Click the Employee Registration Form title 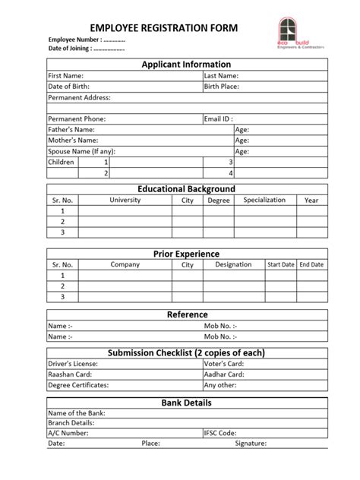(164, 28)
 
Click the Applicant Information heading (186, 65)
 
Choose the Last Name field (221, 77)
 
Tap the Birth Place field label (222, 87)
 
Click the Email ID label (218, 119)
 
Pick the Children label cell (62, 163)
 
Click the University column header (125, 201)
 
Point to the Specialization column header (264, 201)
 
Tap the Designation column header (233, 265)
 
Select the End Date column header (311, 265)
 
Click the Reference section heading (186, 314)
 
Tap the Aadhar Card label (224, 374)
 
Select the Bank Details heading (186, 403)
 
